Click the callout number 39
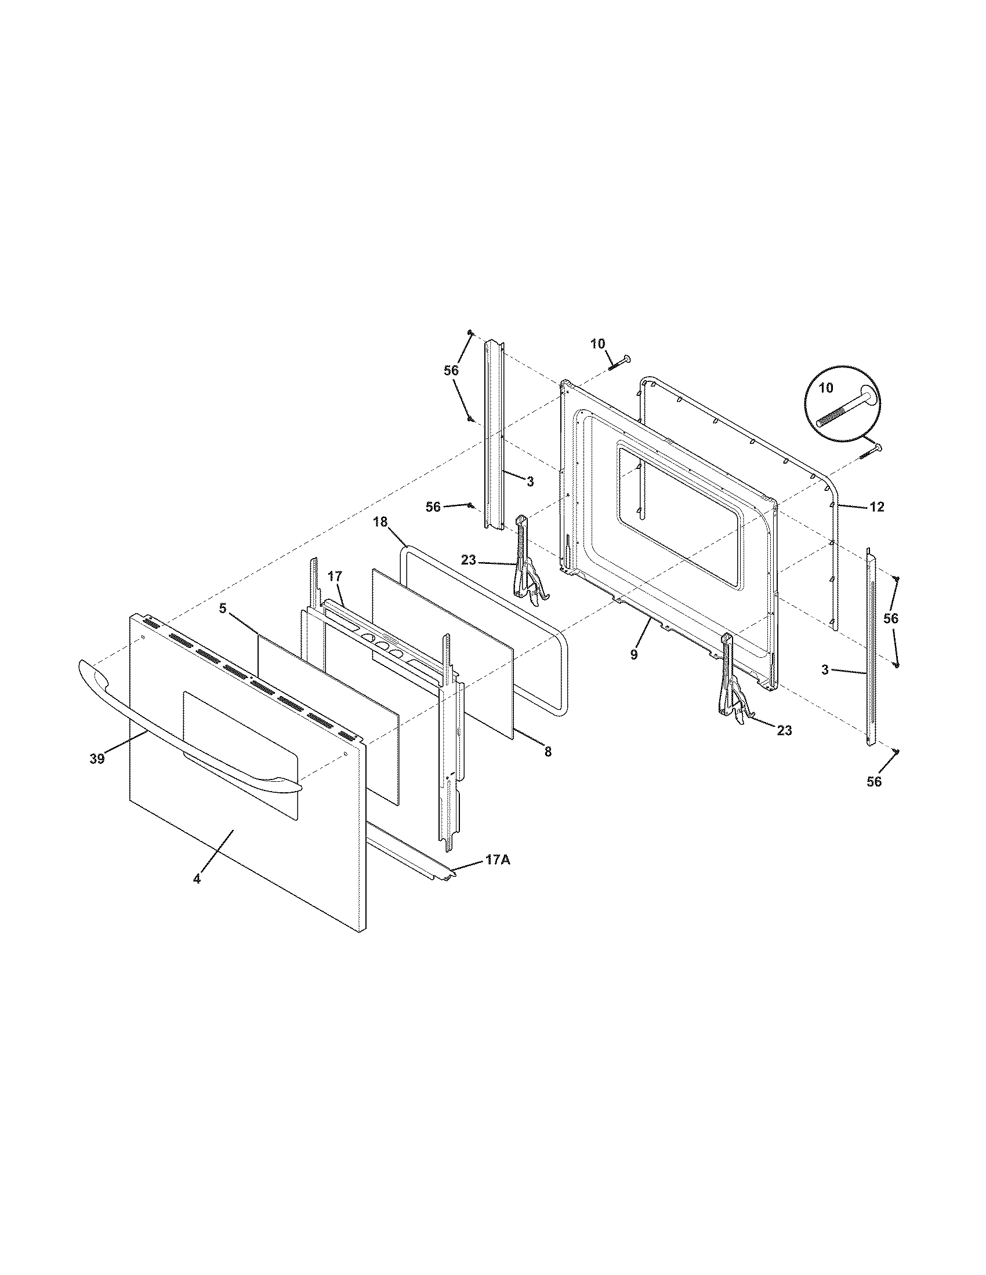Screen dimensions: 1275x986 tap(97, 759)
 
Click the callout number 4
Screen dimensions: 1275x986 tap(197, 895)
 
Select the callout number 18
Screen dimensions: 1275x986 tap(380, 522)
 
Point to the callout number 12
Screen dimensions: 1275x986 tap(877, 507)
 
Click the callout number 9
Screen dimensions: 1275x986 tap(634, 654)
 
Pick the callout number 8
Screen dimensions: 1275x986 tap(548, 752)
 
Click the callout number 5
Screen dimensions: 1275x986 tap(223, 609)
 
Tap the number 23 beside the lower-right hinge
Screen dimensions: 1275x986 tap(785, 730)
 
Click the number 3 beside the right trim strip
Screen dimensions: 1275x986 tap(824, 670)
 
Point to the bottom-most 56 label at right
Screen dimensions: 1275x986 tap(874, 782)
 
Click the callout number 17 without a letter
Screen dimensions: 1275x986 tap(334, 577)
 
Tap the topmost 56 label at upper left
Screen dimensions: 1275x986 tap(451, 370)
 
